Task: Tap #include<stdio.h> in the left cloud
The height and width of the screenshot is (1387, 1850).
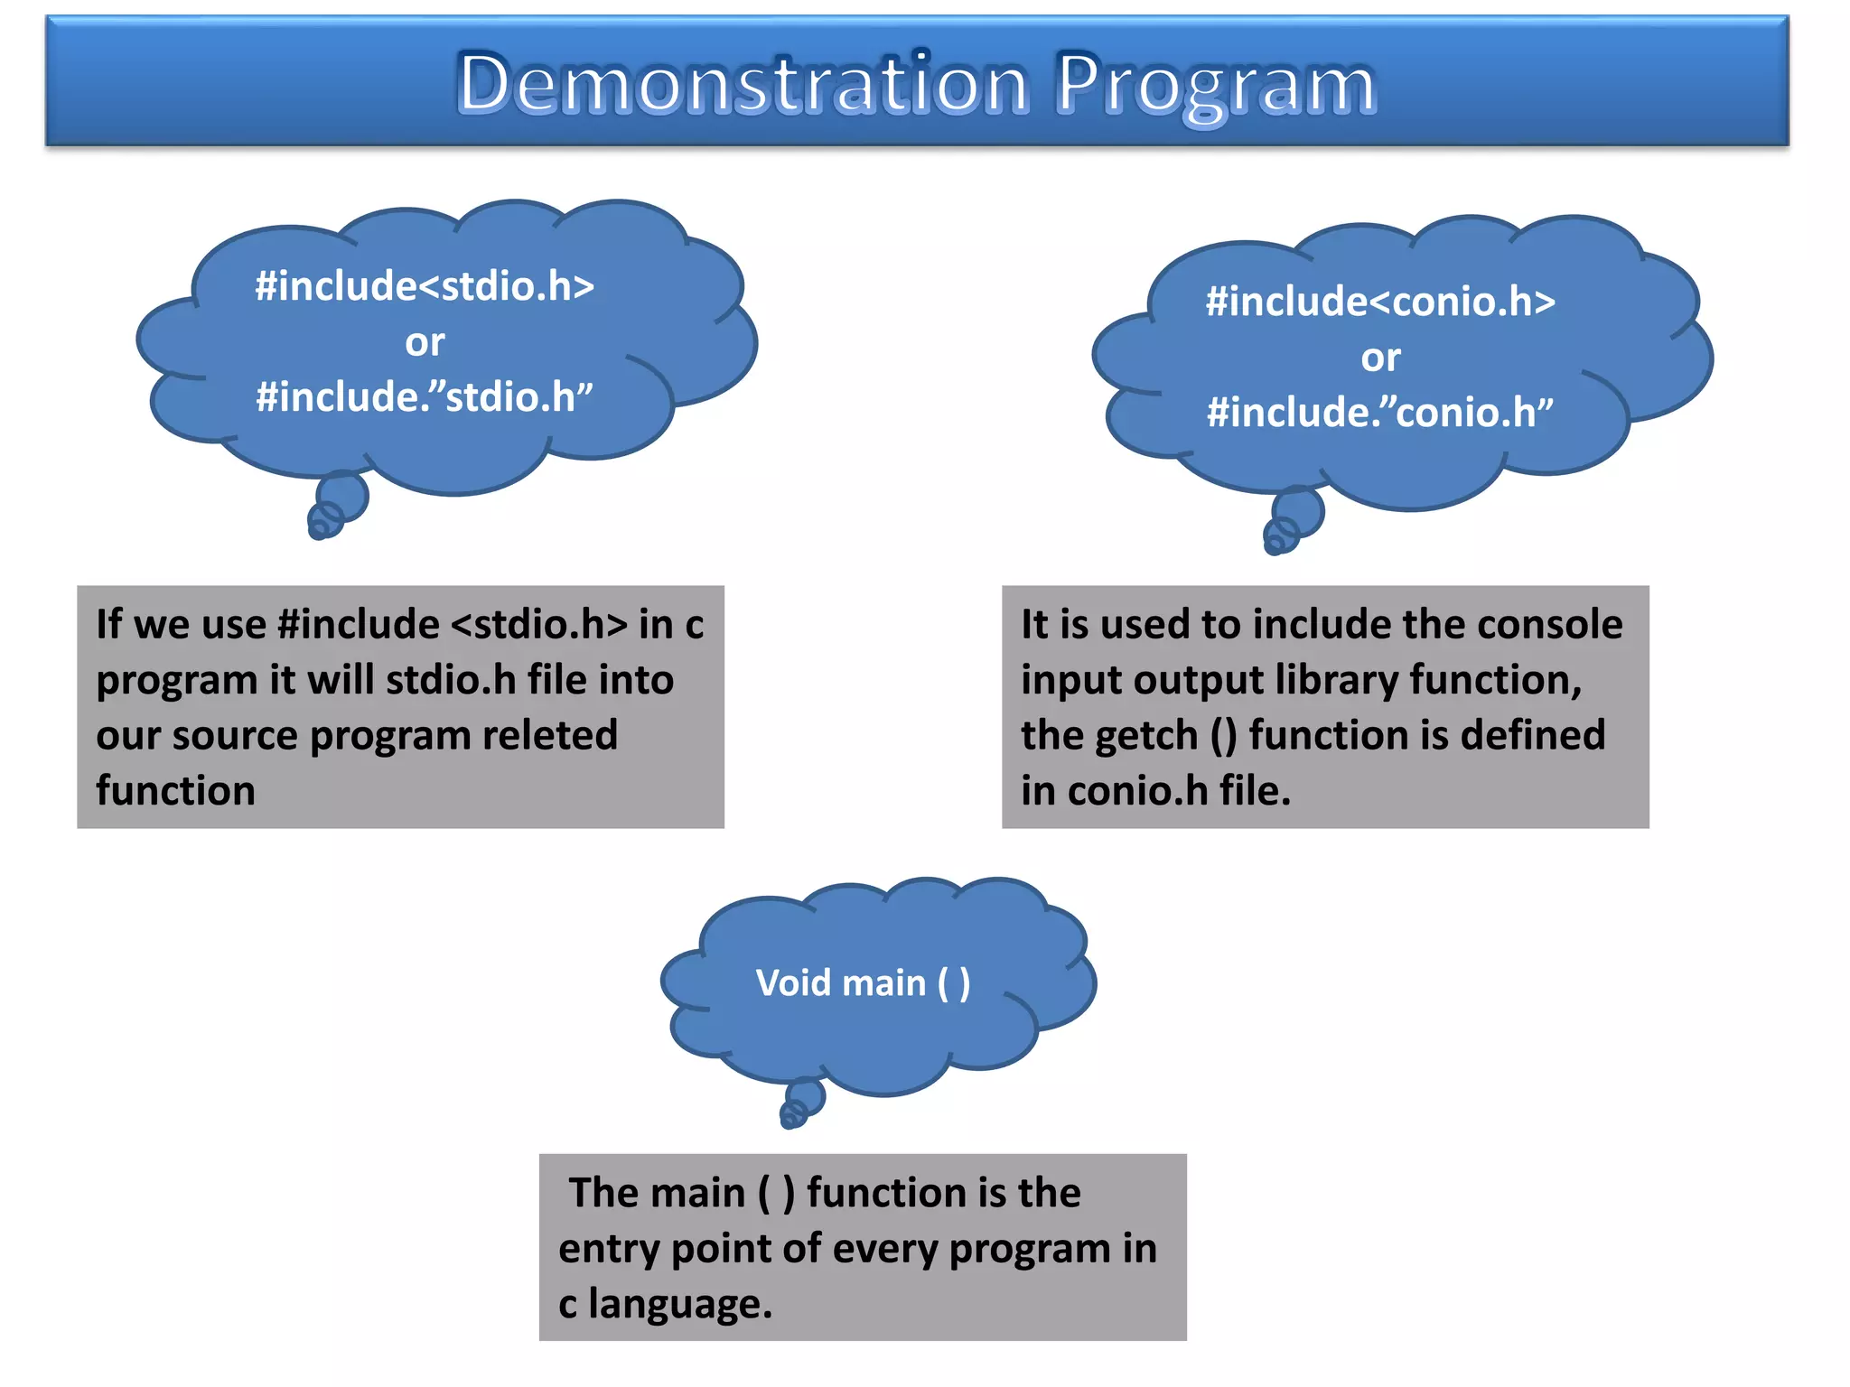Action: pos(425,286)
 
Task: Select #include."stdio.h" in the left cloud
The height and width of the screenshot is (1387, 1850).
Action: pos(425,397)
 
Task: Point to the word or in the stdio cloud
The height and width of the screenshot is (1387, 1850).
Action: pos(425,342)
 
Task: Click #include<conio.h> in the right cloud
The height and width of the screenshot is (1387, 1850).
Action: pos(1380,302)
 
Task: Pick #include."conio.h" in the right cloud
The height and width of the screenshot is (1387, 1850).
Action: pos(1380,413)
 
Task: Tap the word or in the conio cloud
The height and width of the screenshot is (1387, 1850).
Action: pos(1380,358)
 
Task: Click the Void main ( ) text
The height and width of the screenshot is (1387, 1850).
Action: pos(863,982)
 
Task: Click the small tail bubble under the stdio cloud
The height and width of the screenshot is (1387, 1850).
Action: pos(342,497)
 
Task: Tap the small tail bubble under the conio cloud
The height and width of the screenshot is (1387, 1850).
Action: pos(1298,512)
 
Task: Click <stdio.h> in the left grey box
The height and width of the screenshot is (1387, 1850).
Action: pos(538,624)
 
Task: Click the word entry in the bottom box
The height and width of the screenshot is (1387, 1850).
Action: pos(609,1249)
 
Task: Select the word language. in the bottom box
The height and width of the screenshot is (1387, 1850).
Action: pos(680,1305)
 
